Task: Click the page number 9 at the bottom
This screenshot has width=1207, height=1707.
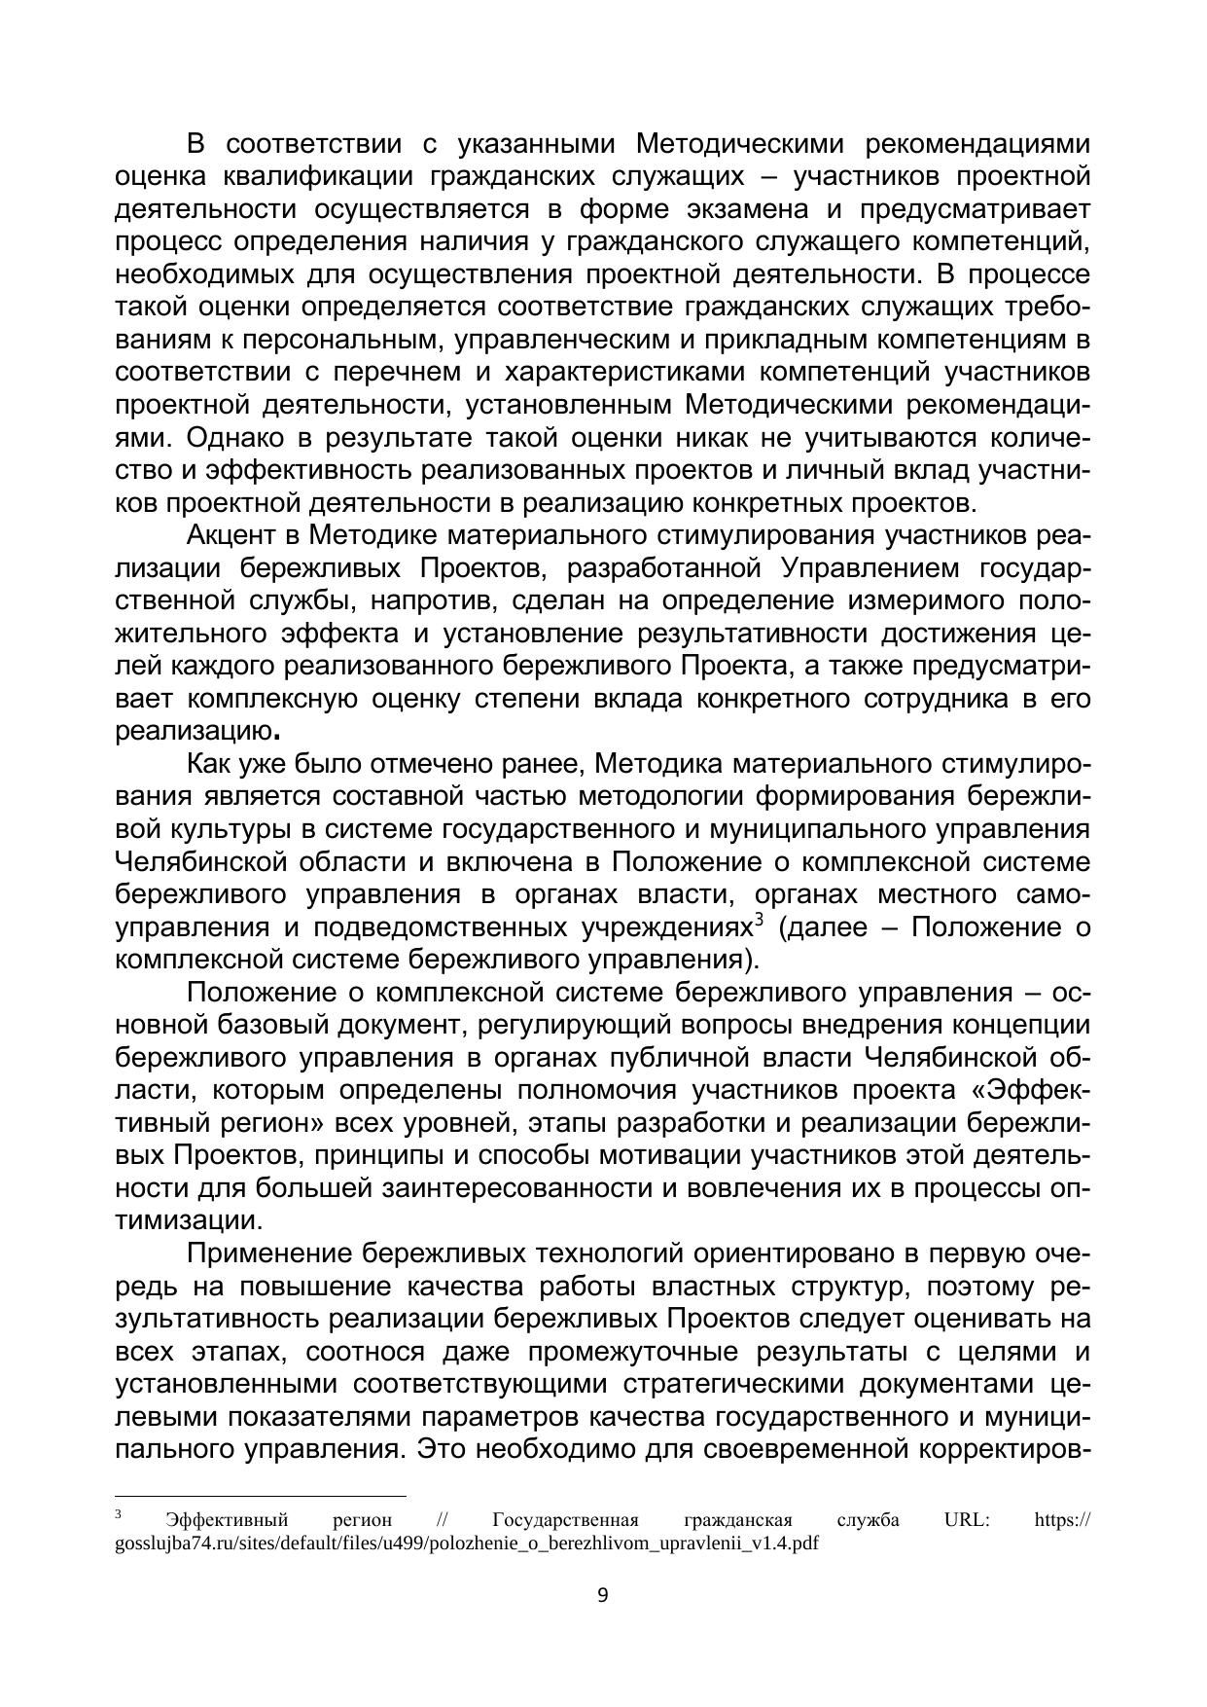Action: point(602,1595)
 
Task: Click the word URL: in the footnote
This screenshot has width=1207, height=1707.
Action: point(967,1520)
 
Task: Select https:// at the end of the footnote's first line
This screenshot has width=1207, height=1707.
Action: point(1062,1520)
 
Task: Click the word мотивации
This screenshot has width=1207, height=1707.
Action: point(670,1156)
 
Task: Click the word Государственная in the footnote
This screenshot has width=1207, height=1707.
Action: point(565,1520)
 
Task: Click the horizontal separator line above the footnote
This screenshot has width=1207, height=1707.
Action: point(260,1496)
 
